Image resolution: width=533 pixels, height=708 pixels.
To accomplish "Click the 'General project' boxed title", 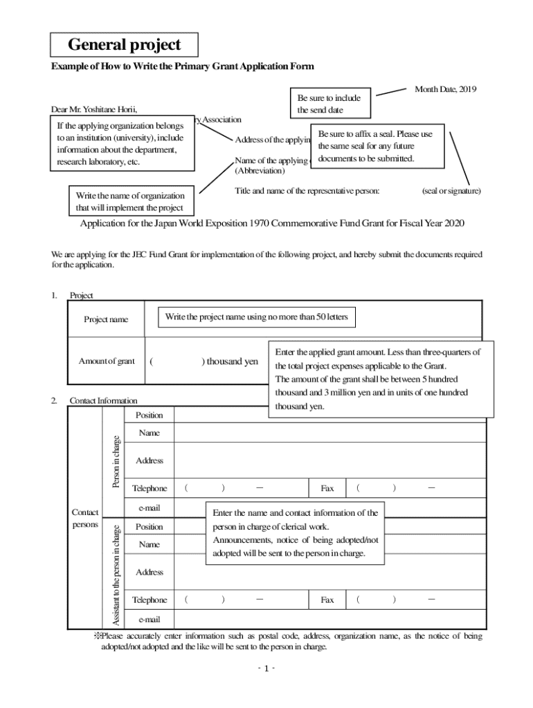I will point(125,45).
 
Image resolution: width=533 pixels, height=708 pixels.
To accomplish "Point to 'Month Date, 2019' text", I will point(445,89).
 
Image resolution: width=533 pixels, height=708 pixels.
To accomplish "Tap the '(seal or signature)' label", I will point(451,190).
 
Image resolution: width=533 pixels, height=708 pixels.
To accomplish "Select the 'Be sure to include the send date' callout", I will point(329,104).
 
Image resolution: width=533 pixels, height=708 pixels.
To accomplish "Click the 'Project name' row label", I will point(106,319).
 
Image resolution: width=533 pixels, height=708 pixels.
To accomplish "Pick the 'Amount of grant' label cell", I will point(107,361).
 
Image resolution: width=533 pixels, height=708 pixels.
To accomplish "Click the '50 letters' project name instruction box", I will point(256,317).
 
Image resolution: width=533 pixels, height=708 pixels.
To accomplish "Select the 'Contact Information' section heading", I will point(103,400).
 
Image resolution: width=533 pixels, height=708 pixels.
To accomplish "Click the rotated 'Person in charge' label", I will point(116,461).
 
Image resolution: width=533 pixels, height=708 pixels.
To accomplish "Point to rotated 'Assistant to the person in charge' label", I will point(116,575).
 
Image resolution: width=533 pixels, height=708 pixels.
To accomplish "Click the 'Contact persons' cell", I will point(85,518).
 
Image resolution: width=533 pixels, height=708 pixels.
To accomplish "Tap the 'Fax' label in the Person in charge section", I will point(327,488).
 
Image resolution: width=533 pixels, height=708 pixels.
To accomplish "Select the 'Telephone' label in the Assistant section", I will point(150,600).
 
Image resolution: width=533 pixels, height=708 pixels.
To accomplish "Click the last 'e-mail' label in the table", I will point(150,619).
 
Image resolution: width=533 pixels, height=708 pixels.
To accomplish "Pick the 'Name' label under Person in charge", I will point(149,433).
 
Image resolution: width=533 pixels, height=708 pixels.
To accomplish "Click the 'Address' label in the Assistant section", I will point(150,572).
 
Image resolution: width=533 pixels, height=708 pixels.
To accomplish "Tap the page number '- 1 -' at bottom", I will point(266,669).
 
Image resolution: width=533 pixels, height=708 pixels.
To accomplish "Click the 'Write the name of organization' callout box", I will point(130,202).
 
